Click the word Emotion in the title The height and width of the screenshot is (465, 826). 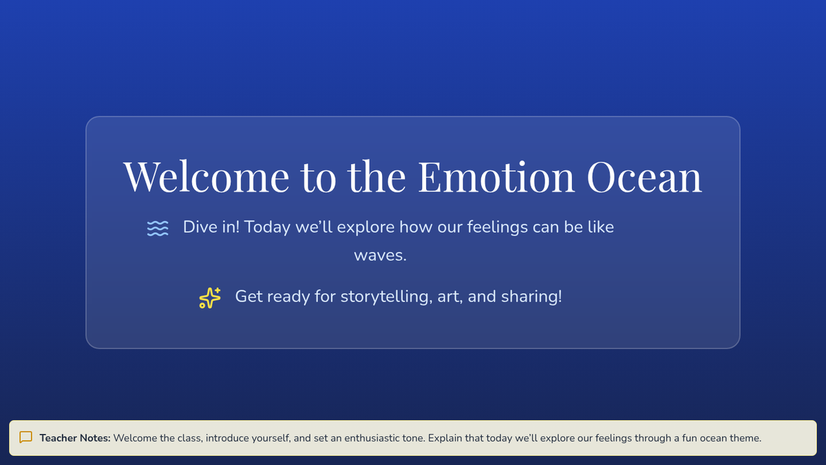pos(496,176)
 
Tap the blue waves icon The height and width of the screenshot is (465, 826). pos(158,229)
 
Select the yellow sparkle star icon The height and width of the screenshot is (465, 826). pos(210,298)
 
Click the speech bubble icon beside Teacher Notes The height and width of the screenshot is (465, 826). pos(26,437)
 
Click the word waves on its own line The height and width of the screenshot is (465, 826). pos(380,256)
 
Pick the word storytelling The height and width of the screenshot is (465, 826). pos(386,297)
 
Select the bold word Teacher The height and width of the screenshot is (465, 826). pos(56,438)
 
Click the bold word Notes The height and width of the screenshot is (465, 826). pos(94,438)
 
